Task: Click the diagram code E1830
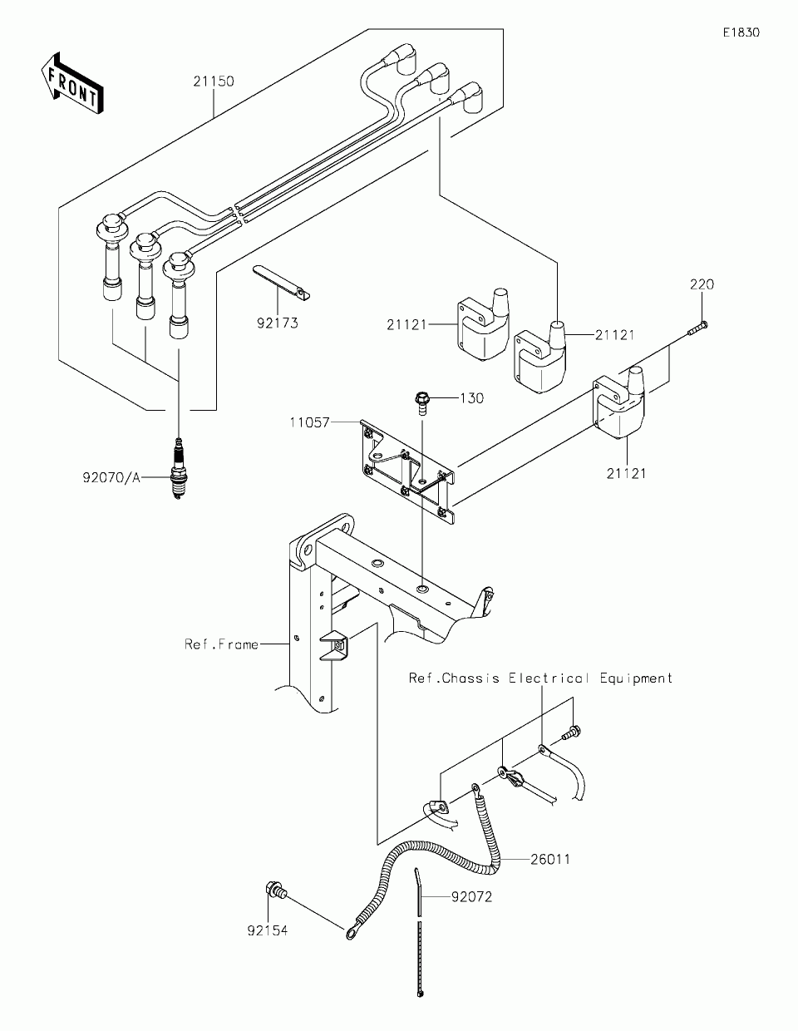[741, 32]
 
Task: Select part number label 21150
[214, 81]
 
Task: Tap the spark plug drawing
[177, 473]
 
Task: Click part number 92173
[278, 323]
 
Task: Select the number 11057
[310, 422]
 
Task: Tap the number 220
[701, 284]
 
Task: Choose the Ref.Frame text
[222, 644]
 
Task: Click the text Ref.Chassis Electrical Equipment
[540, 678]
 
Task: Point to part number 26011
[550, 859]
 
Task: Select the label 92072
[472, 898]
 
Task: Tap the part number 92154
[267, 931]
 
